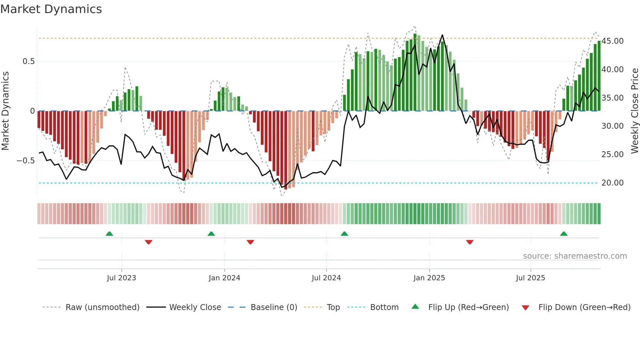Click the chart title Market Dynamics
[51, 9]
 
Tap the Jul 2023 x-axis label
[121, 278]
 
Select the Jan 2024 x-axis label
[224, 278]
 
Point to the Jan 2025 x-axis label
[429, 278]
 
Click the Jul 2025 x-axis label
[530, 278]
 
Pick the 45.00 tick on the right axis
[612, 41]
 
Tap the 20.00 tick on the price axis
[612, 183]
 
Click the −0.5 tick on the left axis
[25, 161]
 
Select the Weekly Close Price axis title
[634, 111]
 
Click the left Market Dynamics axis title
[5, 111]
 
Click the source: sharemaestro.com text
[575, 256]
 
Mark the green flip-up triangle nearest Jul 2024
[344, 234]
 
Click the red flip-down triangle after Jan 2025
[470, 242]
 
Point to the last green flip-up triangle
[564, 234]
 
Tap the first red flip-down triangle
[149, 242]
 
